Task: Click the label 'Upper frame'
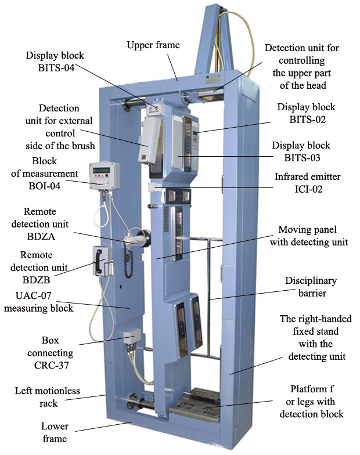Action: [154, 45]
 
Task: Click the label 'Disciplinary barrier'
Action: [311, 286]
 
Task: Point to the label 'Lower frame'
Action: [55, 432]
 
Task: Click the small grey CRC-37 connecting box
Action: [132, 336]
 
